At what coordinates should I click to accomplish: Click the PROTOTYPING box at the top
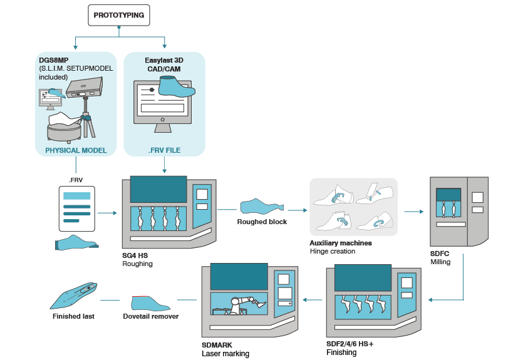119,14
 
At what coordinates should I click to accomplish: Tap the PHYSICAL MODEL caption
75,150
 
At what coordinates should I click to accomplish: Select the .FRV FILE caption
164,150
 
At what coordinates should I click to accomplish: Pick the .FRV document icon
75,209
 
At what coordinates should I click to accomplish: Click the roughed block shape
261,206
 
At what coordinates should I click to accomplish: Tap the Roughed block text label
262,222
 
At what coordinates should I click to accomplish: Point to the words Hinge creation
332,251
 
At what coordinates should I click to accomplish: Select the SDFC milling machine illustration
459,211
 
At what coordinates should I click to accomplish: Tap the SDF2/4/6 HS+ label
349,344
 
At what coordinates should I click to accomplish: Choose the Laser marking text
225,354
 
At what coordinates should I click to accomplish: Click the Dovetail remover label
151,316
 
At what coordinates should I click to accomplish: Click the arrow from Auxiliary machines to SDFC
413,211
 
